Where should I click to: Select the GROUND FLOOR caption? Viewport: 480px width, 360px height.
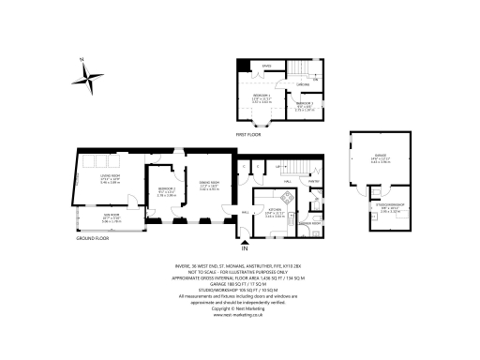[94, 239]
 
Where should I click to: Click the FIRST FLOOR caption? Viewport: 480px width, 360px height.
[248, 135]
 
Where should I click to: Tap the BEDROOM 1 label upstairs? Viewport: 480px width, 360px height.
[262, 96]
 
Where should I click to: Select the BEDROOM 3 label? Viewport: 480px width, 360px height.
[306, 104]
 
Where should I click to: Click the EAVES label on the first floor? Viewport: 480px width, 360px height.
[266, 66]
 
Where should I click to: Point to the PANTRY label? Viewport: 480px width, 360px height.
[314, 181]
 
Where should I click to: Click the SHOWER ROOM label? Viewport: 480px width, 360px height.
[308, 223]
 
